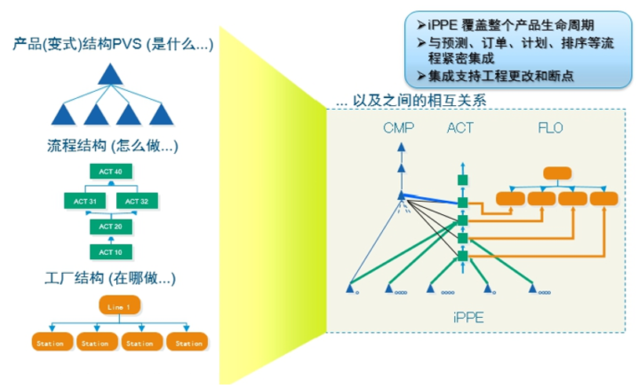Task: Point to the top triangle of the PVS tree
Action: pos(111,75)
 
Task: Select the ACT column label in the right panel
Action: pos(460,128)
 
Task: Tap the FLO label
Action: pos(549,128)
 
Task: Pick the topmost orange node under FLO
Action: pos(556,173)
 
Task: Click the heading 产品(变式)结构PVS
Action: pos(113,46)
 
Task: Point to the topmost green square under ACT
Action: pos(462,180)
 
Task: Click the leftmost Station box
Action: pos(53,343)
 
